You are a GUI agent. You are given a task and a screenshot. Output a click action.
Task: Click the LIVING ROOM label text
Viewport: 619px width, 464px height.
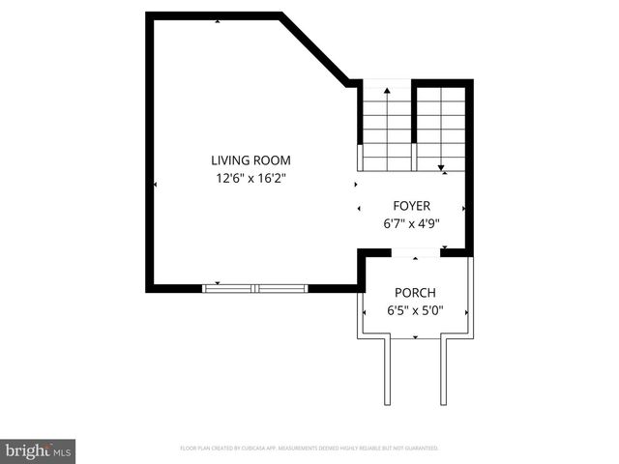[251, 160]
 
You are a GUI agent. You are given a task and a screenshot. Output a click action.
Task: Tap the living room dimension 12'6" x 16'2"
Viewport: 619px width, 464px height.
[251, 178]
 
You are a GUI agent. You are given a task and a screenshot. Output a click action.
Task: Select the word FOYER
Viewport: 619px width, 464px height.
[411, 206]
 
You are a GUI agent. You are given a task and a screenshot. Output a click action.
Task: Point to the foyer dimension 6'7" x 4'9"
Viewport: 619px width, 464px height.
[411, 223]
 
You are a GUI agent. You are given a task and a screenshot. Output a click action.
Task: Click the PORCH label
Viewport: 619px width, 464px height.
[415, 293]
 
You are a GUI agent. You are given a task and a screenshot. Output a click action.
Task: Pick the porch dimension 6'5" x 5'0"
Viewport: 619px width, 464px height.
[415, 311]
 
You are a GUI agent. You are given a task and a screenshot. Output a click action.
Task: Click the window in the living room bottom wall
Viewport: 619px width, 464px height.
[255, 287]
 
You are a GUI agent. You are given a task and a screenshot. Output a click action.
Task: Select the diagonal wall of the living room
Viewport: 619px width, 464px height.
[314, 50]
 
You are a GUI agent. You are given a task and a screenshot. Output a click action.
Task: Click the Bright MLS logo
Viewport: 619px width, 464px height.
[39, 450]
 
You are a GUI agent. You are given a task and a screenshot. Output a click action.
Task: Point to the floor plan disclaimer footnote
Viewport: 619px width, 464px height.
[309, 449]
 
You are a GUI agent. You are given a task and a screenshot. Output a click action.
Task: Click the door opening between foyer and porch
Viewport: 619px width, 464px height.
[416, 253]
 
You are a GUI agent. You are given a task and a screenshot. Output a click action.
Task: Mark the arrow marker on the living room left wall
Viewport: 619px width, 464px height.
[156, 185]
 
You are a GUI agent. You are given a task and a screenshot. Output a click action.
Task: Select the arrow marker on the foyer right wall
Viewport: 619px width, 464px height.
[464, 207]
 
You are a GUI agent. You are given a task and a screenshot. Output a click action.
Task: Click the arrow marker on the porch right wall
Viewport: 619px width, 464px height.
[467, 312]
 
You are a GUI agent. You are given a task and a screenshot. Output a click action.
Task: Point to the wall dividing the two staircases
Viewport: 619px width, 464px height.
[414, 126]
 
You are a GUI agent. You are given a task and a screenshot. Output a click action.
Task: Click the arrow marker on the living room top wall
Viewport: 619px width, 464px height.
[217, 20]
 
